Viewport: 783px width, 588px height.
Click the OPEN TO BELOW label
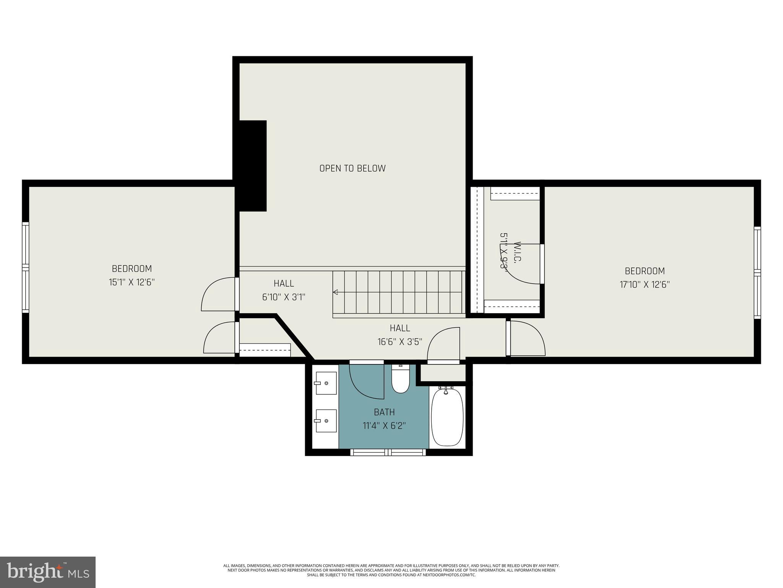point(352,168)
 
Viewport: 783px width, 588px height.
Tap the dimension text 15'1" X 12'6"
point(132,283)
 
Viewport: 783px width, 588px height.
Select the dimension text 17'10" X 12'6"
point(645,285)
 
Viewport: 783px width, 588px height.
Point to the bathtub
point(447,417)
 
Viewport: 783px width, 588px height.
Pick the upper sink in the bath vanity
point(326,383)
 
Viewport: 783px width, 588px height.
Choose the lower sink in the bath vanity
point(326,420)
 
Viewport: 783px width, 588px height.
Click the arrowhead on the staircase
point(335,292)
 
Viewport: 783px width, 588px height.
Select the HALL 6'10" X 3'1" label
point(284,290)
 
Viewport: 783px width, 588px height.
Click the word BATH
point(384,412)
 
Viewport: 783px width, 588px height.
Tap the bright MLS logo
point(47,572)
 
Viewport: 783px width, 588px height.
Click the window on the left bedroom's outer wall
point(25,267)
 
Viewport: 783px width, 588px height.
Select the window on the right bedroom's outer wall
point(757,273)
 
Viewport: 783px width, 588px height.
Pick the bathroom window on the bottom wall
point(388,452)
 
